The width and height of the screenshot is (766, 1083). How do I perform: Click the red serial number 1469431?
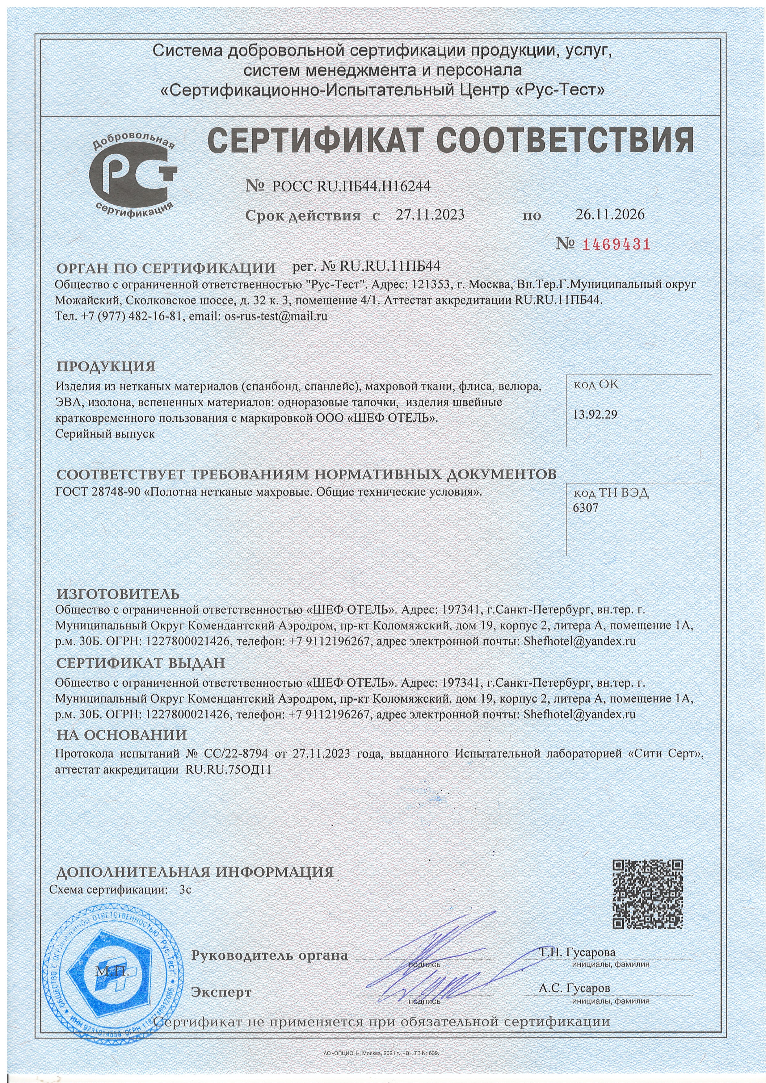coord(617,244)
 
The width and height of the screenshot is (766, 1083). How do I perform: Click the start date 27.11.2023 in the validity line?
coord(430,215)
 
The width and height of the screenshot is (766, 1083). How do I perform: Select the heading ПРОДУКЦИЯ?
coord(106,366)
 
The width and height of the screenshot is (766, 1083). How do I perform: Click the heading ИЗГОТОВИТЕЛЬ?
coord(118,594)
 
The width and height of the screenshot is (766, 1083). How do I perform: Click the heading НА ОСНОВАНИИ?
coord(122,735)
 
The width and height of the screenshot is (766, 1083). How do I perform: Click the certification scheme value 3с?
coord(185,890)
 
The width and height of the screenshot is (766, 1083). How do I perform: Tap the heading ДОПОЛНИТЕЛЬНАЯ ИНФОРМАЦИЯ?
coord(195,872)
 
